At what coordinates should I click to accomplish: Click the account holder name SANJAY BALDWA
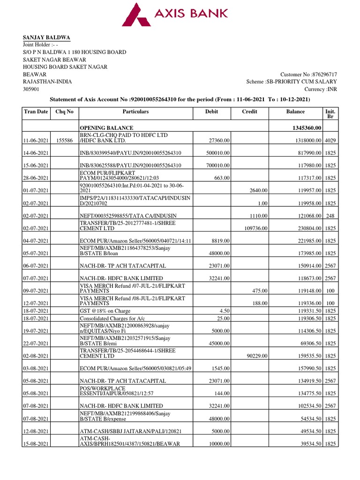click(46, 37)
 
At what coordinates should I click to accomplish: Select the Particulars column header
click(135, 112)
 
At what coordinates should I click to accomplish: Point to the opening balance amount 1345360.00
click(307, 128)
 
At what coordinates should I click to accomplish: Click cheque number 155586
click(64, 140)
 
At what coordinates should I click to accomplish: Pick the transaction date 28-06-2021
click(36, 178)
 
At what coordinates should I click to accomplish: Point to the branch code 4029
click(330, 140)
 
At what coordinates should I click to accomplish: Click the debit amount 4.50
click(223, 310)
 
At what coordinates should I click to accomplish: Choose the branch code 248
click(330, 216)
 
